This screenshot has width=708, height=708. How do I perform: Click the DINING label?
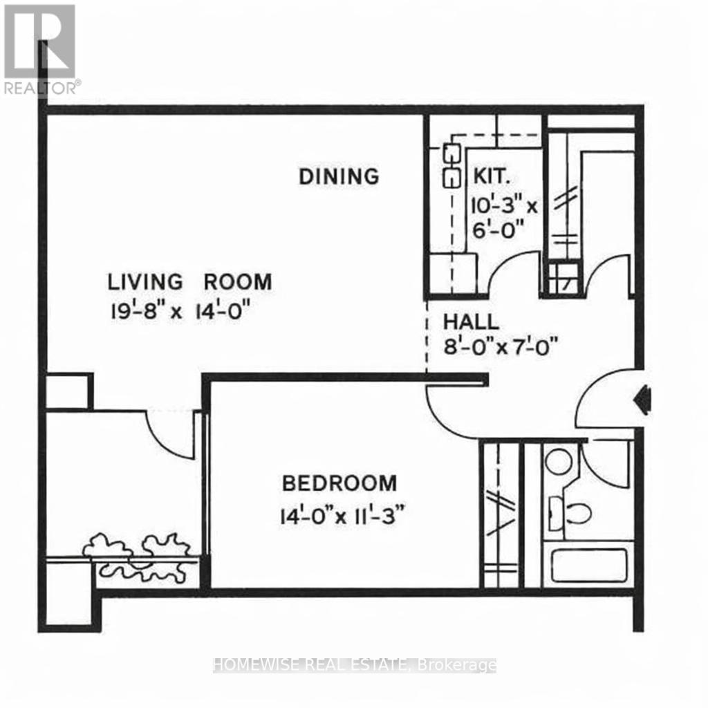pos(339,176)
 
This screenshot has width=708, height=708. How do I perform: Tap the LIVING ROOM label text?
pos(189,282)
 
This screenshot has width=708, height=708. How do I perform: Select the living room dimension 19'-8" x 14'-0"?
pos(178,310)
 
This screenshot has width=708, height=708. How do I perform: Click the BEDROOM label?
pos(339,483)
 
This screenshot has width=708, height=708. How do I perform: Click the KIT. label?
pos(492,176)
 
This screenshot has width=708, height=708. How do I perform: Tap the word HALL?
pos(471,322)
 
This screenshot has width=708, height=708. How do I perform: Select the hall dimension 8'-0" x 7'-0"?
pos(500,344)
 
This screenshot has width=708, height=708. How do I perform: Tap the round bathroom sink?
pos(558,461)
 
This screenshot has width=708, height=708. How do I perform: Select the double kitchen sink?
pos(451,165)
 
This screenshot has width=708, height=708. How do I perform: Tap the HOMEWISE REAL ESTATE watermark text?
pos(355,665)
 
